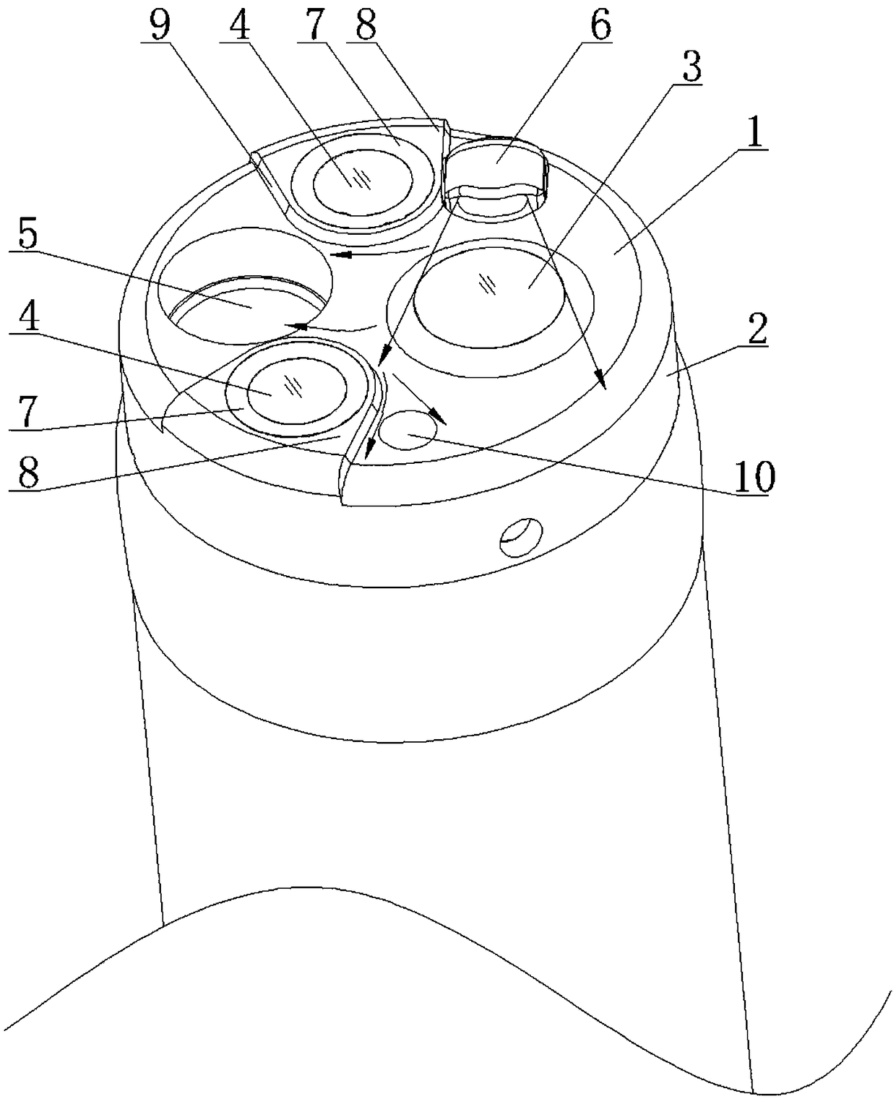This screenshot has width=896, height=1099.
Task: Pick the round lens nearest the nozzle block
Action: [x=363, y=178]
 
